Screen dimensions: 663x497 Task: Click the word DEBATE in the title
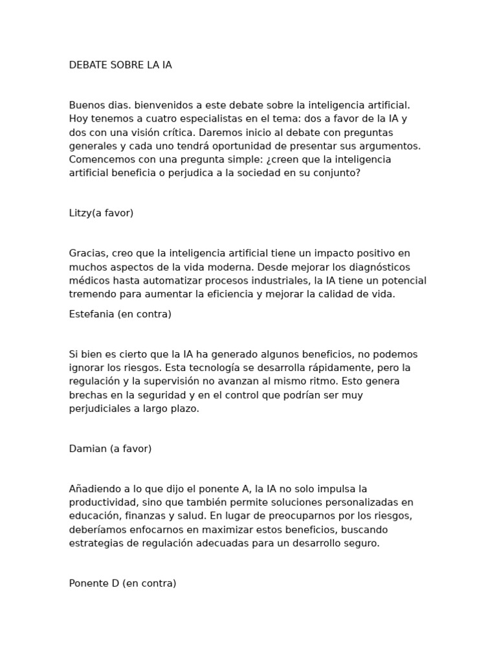pyautogui.click(x=87, y=65)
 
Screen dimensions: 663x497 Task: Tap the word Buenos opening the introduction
pyautogui.click(x=86, y=106)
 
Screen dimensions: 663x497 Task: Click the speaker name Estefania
pyautogui.click(x=91, y=314)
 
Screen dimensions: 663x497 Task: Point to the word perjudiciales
pyautogui.click(x=99, y=409)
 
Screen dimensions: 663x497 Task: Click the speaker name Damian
pyautogui.click(x=87, y=449)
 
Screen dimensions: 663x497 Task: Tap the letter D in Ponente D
pyautogui.click(x=115, y=583)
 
